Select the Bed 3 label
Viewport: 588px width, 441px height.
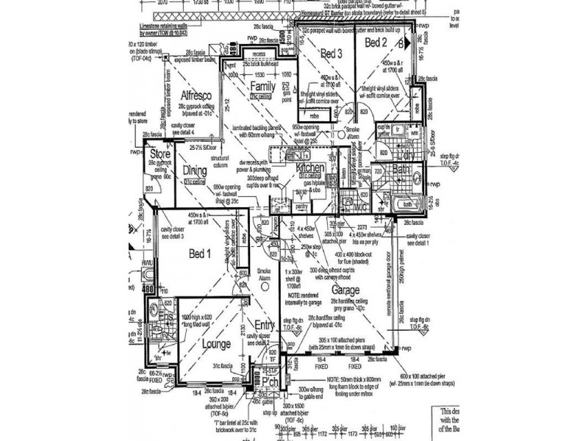coord(331,54)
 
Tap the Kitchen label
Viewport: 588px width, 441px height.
coord(309,168)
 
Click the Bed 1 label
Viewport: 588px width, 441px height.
coord(199,254)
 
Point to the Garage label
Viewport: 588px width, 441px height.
coord(345,290)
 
